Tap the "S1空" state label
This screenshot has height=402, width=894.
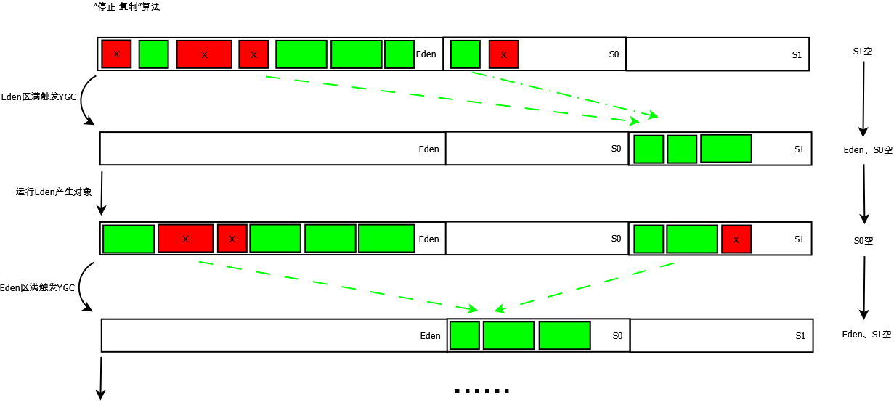tap(863, 52)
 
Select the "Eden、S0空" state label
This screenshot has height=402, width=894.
tap(867, 150)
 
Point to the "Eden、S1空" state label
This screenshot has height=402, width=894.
tap(866, 335)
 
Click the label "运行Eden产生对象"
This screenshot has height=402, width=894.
tap(54, 192)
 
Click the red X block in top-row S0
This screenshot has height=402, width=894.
tap(503, 54)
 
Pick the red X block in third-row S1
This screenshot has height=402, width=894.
tap(736, 239)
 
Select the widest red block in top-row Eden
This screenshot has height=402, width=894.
tap(204, 54)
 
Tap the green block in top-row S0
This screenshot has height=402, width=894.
tap(465, 54)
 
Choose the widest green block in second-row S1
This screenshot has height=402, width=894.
tap(726, 148)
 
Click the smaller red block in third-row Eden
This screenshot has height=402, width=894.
tap(232, 239)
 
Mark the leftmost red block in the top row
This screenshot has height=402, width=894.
tap(116, 54)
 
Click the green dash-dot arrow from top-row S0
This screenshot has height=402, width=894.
tap(566, 94)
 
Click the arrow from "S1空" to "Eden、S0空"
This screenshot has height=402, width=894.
tap(863, 99)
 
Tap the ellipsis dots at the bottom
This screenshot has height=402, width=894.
tap(482, 391)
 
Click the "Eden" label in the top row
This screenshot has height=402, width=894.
tap(426, 54)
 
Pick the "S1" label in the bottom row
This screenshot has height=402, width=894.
tap(800, 336)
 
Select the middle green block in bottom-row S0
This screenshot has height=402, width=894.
tap(508, 335)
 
